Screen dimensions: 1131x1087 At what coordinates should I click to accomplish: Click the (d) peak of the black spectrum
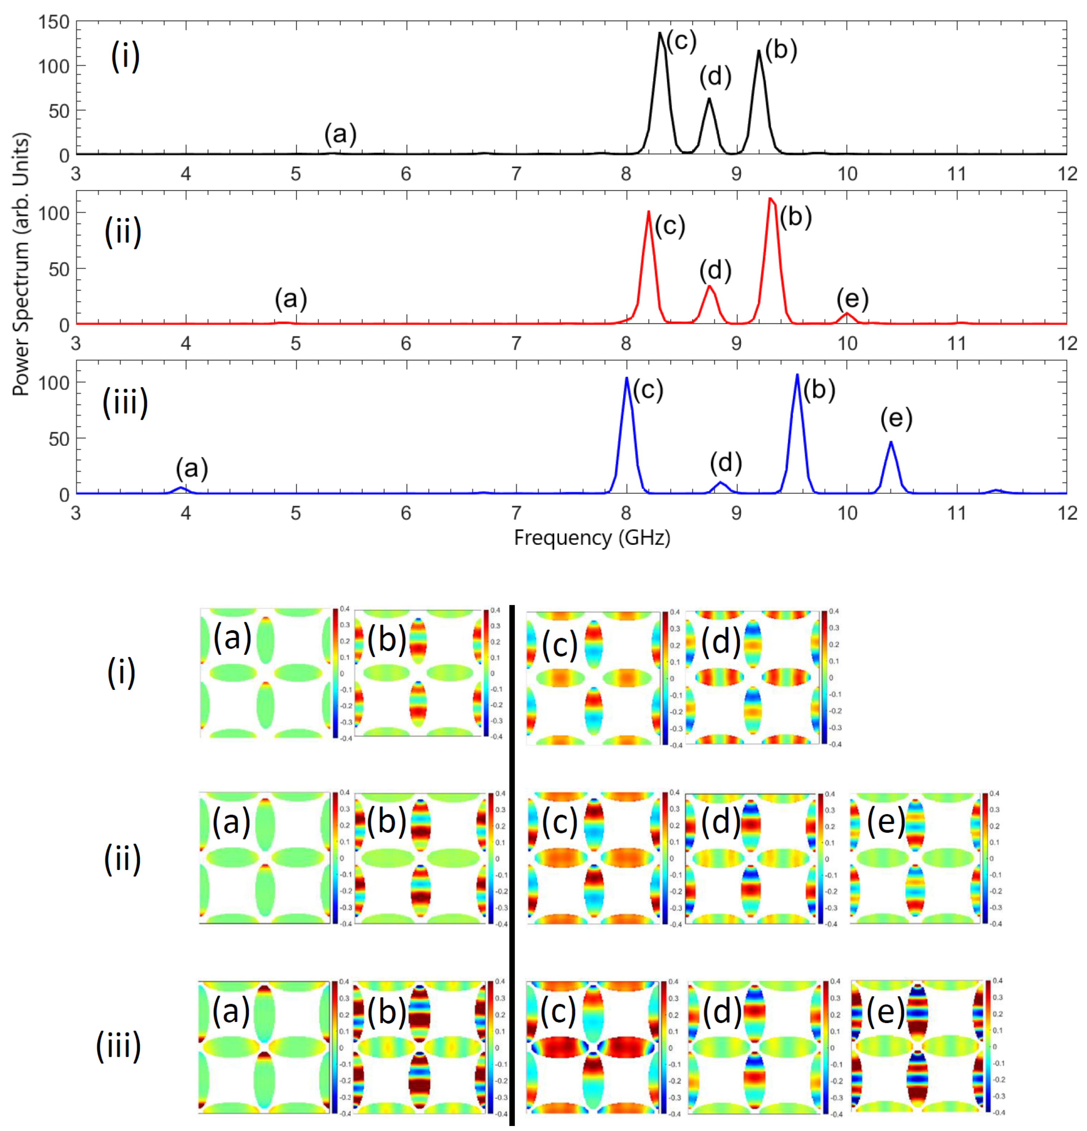click(x=709, y=100)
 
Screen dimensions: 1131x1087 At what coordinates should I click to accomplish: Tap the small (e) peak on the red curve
click(x=847, y=314)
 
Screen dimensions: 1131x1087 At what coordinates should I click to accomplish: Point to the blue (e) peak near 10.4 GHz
click(x=891, y=443)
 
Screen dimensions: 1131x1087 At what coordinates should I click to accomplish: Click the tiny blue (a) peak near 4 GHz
click(x=182, y=488)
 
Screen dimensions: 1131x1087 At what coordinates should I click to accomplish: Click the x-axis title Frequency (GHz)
click(x=592, y=538)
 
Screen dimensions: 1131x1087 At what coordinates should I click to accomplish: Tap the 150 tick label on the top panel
click(x=54, y=23)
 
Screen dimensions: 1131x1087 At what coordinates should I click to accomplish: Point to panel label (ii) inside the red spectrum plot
click(x=123, y=232)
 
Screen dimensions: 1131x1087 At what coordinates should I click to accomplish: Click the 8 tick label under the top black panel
click(x=627, y=174)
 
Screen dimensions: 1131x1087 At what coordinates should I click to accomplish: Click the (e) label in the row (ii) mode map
click(x=886, y=821)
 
